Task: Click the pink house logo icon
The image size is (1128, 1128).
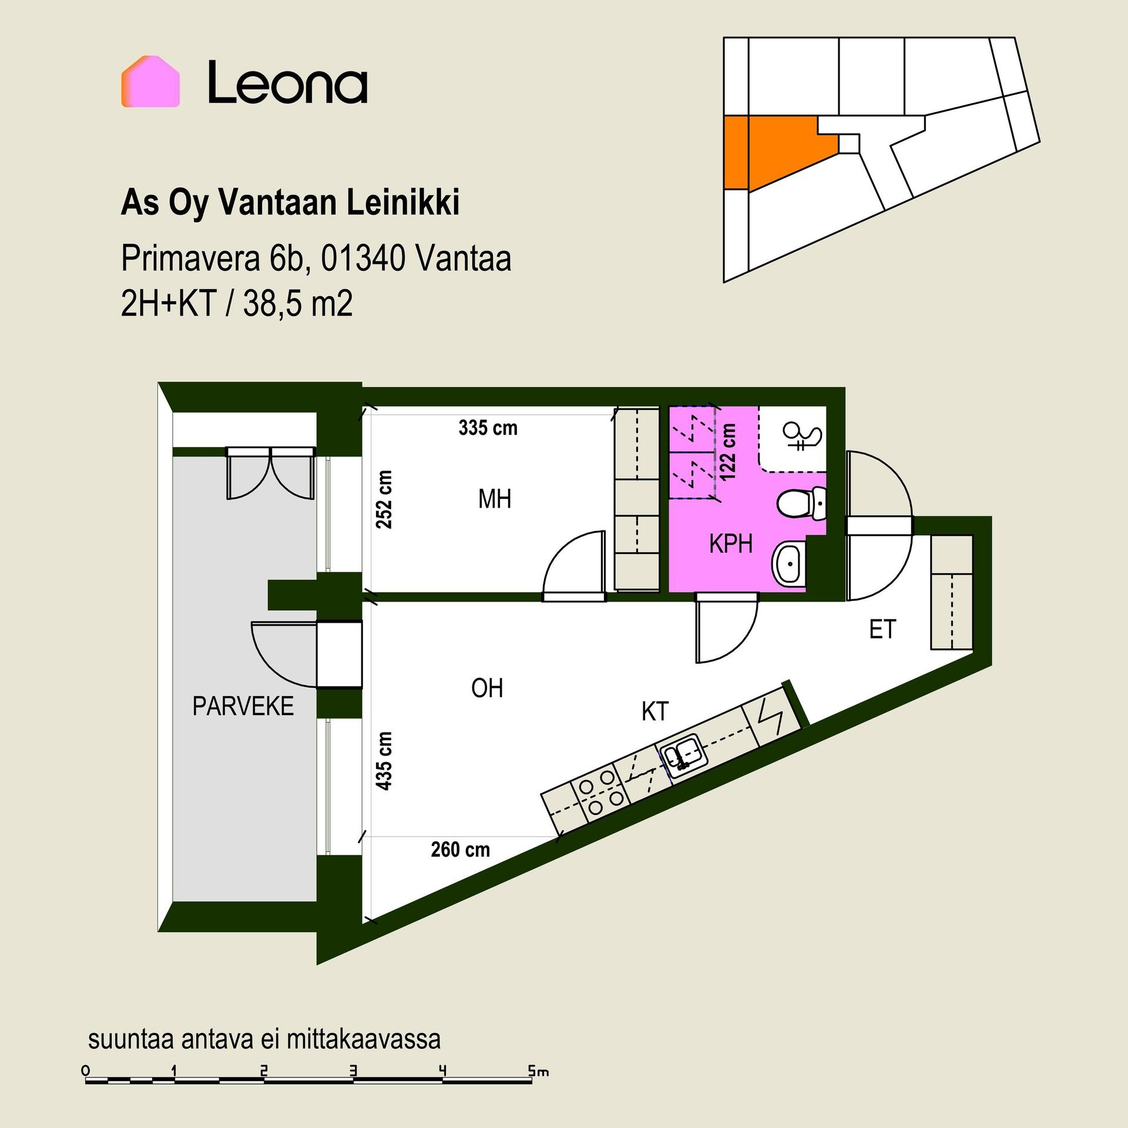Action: (x=150, y=82)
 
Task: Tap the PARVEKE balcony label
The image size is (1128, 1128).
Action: (x=243, y=706)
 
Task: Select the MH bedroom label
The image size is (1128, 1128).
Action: (x=495, y=499)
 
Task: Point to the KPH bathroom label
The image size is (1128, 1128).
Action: (x=731, y=544)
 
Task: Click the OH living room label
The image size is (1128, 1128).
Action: (x=487, y=688)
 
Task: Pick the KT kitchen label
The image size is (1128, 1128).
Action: (x=654, y=711)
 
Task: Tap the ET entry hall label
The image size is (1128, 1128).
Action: (x=882, y=630)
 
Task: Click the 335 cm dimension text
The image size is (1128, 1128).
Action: (x=488, y=428)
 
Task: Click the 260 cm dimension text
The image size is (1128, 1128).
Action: (x=461, y=850)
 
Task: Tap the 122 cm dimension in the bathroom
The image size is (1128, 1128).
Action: (x=728, y=452)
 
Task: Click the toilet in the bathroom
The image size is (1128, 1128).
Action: (x=802, y=503)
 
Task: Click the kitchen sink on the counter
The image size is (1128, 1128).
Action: (x=683, y=756)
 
